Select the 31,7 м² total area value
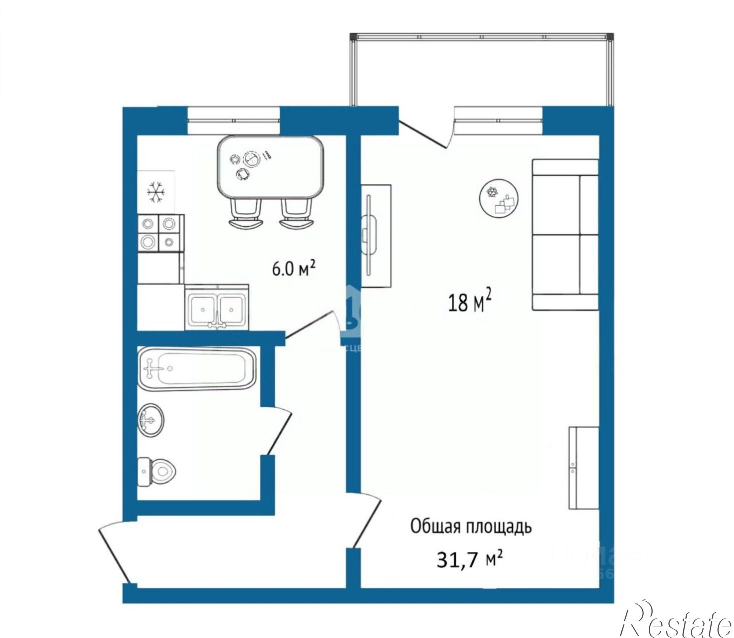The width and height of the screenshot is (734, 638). (469, 560)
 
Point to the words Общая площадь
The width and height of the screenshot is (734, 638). (471, 527)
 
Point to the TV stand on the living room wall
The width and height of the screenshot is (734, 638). (376, 236)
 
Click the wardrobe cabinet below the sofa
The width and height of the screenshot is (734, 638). (584, 468)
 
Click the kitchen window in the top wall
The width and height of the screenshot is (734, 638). (234, 120)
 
